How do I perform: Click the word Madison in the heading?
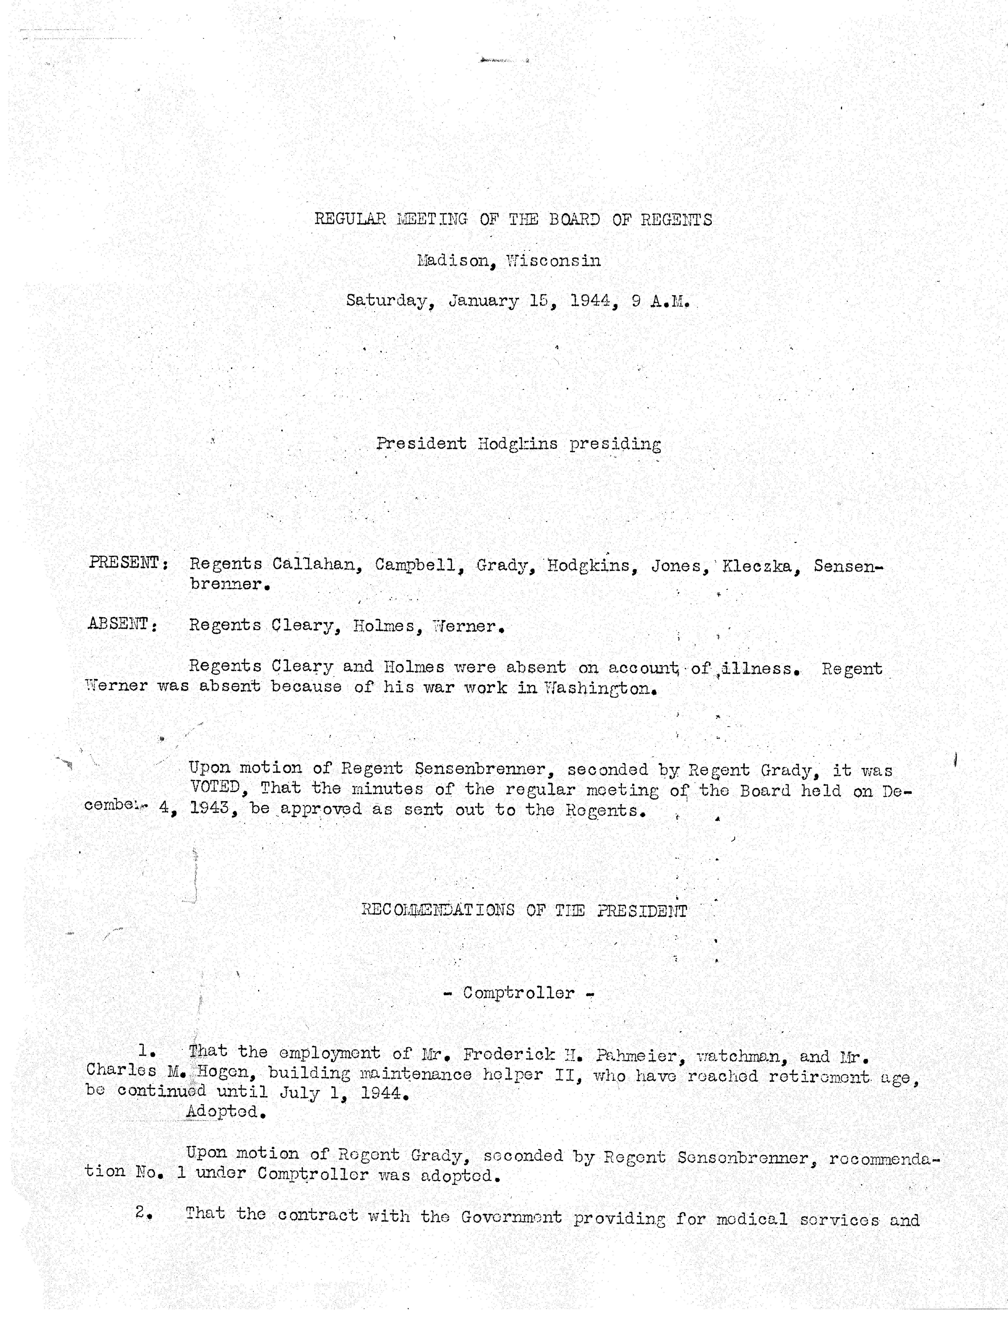pyautogui.click(x=453, y=261)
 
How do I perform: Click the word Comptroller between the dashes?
pyautogui.click(x=518, y=993)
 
